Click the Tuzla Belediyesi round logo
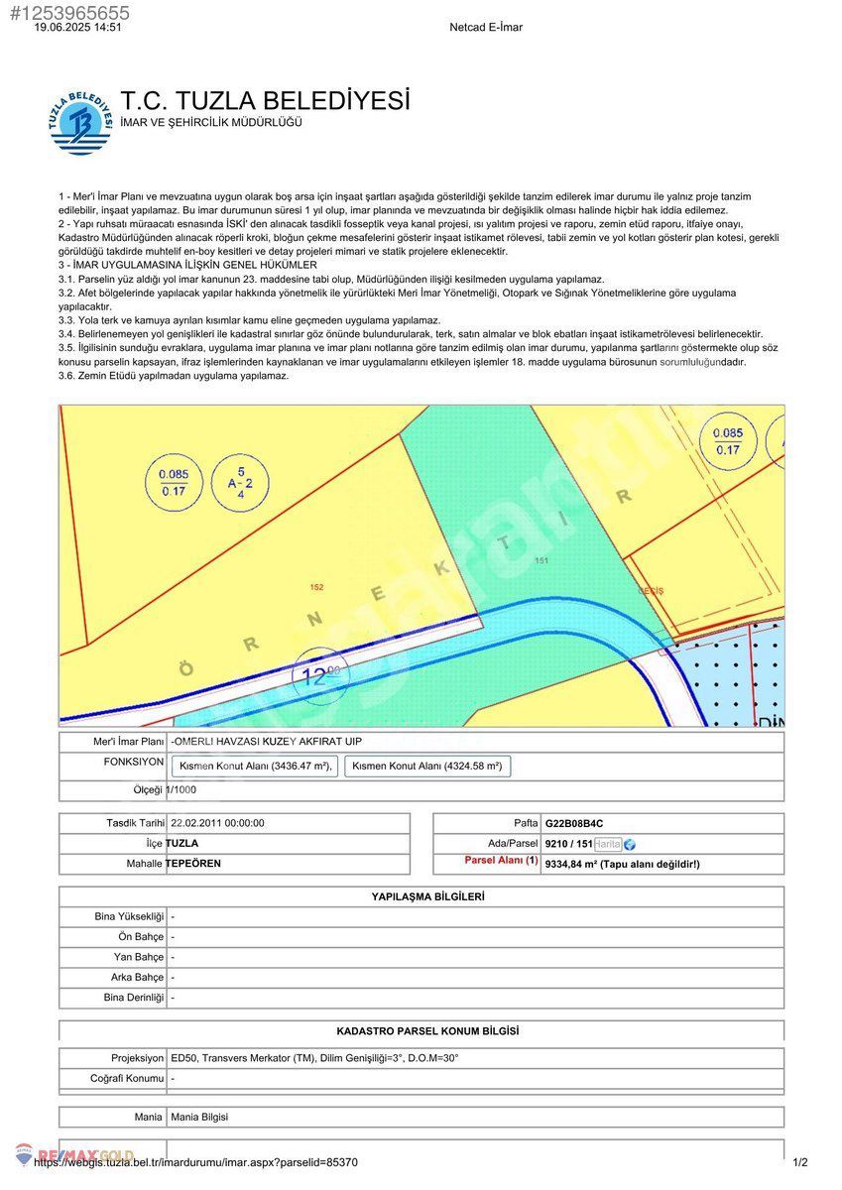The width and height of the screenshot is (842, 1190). (79, 123)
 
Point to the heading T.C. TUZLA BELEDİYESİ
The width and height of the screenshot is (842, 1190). (265, 101)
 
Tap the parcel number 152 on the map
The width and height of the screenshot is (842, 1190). (316, 587)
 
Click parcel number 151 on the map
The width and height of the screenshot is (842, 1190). (541, 561)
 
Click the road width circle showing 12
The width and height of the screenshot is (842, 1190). (320, 677)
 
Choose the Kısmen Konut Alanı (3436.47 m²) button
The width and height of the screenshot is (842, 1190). (256, 767)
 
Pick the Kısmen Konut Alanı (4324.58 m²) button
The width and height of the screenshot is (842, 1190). (427, 767)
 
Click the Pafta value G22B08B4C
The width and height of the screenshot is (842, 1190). (574, 823)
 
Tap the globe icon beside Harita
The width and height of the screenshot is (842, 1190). (630, 844)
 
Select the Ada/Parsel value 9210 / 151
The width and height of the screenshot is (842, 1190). (568, 844)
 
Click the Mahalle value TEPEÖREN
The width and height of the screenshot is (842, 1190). (193, 864)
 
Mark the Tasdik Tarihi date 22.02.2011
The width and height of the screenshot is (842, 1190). (217, 823)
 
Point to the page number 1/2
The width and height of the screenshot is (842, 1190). (800, 1162)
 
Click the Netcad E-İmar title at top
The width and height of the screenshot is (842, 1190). (486, 28)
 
